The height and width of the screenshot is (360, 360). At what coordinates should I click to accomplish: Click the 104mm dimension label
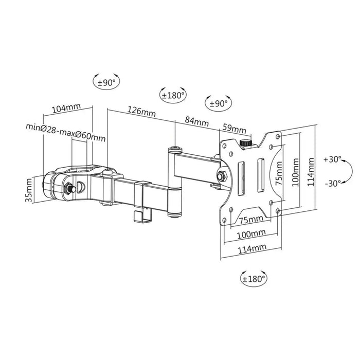[x=67, y=108]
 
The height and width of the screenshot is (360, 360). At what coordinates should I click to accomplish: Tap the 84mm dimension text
[x=196, y=122]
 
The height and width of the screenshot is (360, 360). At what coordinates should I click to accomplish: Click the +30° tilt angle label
[x=333, y=159]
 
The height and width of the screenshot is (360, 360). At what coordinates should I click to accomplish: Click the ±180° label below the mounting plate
[x=254, y=279]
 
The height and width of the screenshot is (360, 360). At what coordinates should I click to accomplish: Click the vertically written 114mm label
[x=312, y=168]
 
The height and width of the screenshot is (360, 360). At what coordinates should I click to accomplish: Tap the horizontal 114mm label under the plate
[x=251, y=248]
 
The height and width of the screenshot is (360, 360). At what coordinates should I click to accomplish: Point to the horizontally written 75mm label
[x=251, y=220]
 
